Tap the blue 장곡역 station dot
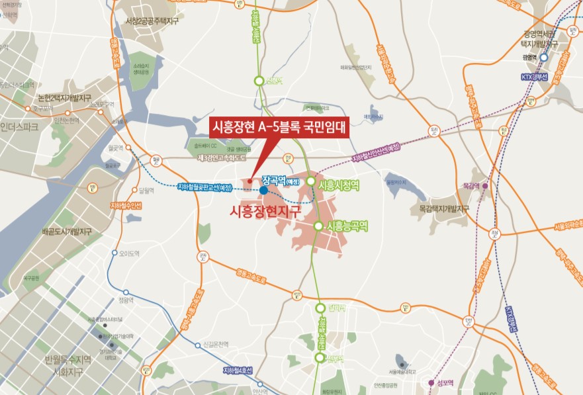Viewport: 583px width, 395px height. click(263, 191)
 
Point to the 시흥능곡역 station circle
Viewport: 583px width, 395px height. click(318, 226)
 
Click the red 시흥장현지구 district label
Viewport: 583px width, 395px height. click(264, 212)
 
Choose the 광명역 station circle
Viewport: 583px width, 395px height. click(544, 58)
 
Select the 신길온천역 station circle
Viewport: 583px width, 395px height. click(197, 345)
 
